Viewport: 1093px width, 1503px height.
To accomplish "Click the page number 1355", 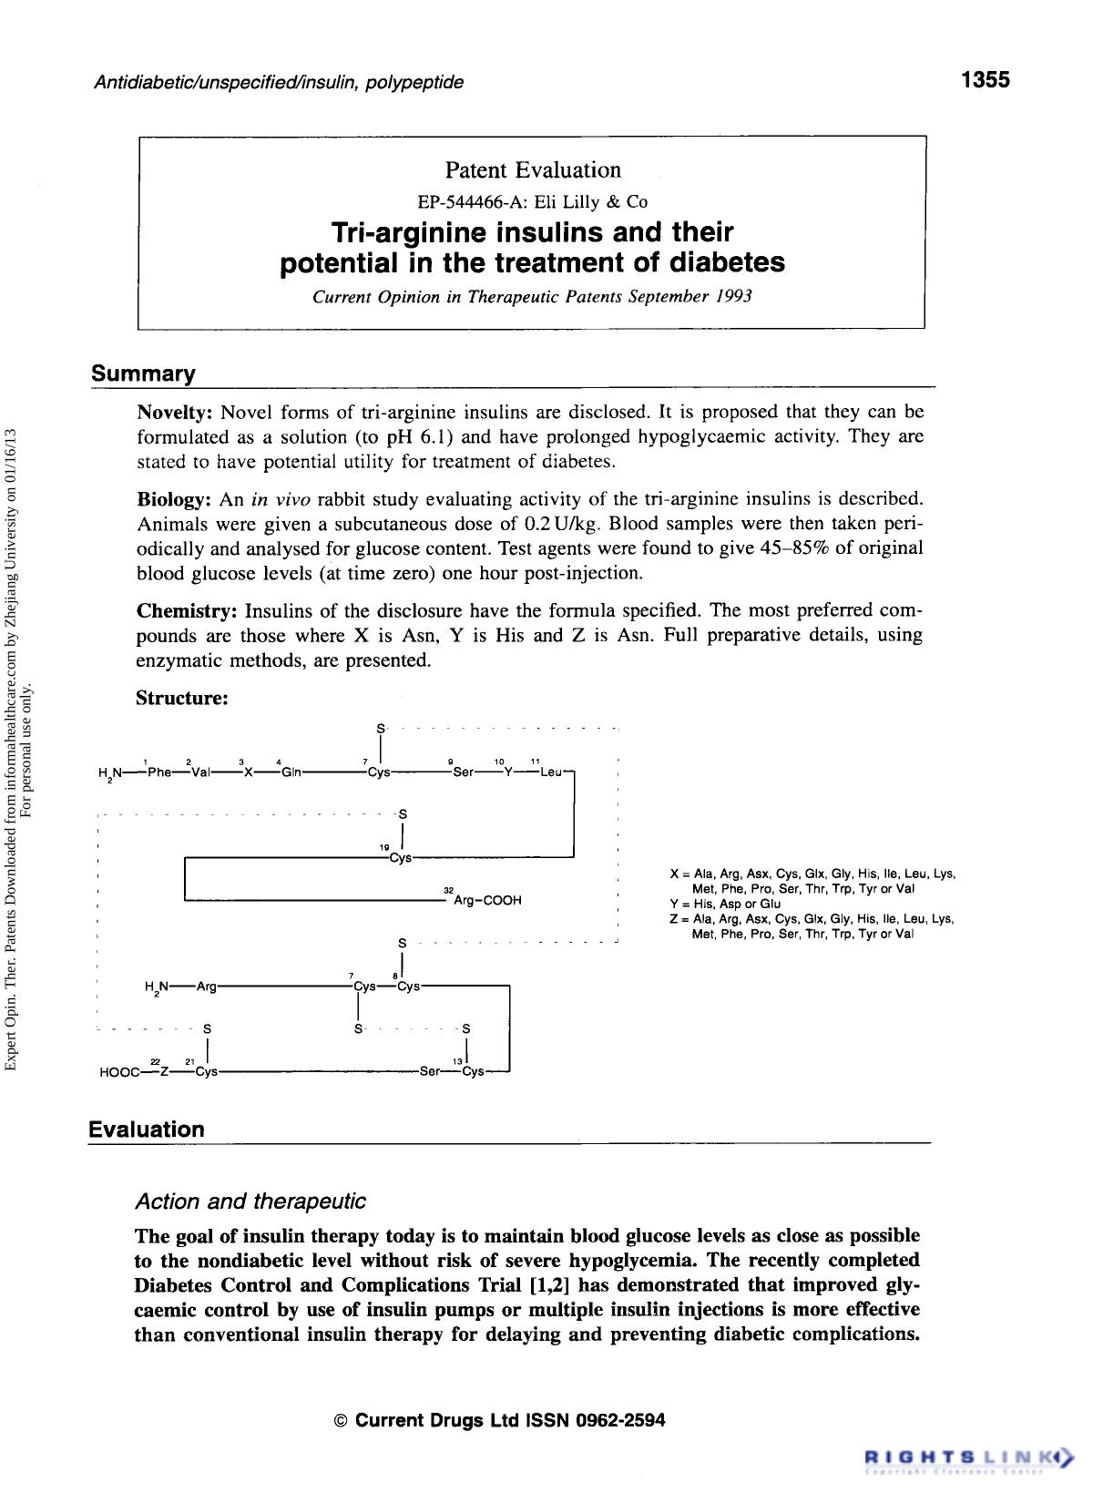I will click(986, 80).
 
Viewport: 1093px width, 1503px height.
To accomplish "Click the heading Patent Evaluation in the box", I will click(533, 170).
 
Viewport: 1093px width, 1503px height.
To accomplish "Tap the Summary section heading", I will click(143, 374).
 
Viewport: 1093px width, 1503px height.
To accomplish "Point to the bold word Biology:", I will click(174, 499).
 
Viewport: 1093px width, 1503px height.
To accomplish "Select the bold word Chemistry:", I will click(187, 609).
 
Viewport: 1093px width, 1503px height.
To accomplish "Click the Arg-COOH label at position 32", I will click(487, 900).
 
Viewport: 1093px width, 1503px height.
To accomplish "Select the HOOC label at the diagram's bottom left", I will click(118, 1072).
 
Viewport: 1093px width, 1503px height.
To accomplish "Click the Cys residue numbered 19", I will click(399, 858).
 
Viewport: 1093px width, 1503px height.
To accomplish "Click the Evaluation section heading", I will click(147, 1130).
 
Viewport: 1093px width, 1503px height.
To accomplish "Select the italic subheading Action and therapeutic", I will click(250, 1201).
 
